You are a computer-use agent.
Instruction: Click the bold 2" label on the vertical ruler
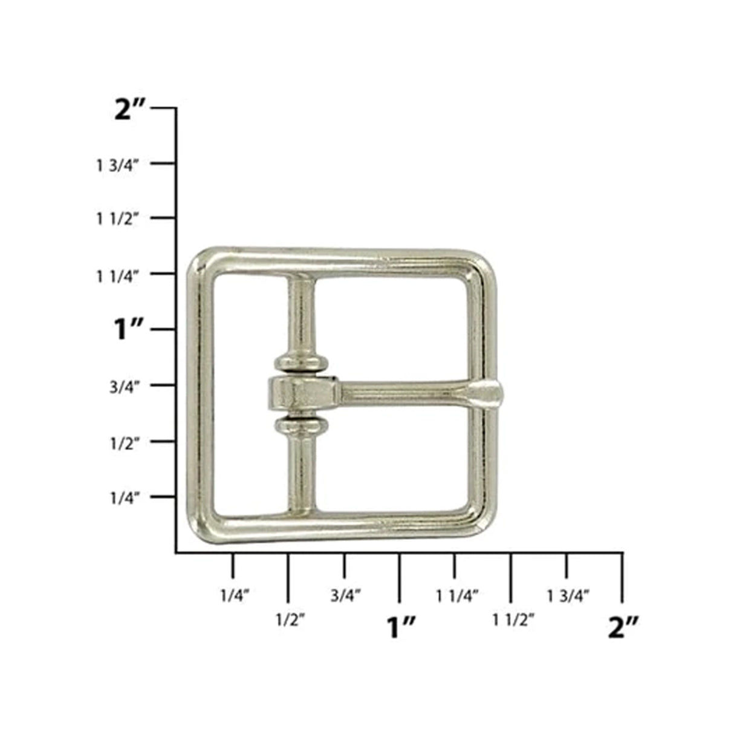click(129, 112)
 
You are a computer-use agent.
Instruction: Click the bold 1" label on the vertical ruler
click(128, 331)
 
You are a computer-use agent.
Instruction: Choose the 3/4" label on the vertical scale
click(125, 387)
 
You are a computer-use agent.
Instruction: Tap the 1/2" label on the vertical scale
click(125, 442)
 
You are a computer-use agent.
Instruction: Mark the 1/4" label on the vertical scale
click(125, 498)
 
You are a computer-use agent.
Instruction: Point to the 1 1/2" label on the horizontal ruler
click(513, 620)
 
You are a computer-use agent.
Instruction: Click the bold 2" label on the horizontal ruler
click(623, 628)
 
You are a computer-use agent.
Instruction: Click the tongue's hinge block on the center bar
click(300, 394)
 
